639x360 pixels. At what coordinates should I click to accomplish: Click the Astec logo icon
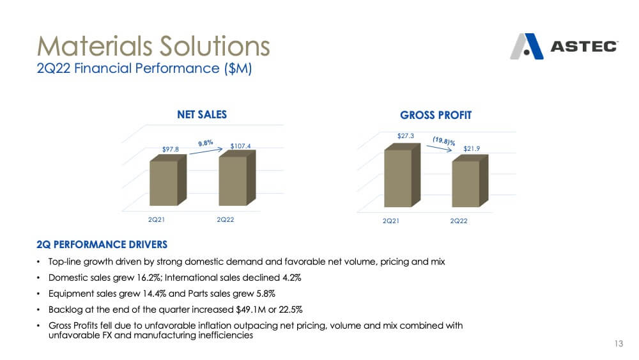(527, 47)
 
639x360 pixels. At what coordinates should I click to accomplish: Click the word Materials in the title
(96, 45)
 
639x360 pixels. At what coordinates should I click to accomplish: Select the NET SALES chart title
(202, 114)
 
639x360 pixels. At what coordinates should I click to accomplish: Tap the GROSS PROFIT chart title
(436, 115)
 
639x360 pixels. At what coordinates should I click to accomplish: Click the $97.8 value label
(171, 149)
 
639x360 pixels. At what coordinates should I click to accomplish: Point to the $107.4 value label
(240, 146)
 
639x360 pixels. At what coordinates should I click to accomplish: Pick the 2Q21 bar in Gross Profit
(402, 175)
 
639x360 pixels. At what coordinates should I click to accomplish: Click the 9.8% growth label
(206, 143)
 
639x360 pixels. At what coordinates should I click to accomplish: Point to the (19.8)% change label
(444, 141)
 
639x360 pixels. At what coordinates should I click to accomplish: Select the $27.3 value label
(406, 136)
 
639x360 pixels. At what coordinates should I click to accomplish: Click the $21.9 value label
(472, 149)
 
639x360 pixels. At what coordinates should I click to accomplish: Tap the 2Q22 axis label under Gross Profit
(458, 221)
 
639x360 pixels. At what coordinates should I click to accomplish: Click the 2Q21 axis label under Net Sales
(156, 220)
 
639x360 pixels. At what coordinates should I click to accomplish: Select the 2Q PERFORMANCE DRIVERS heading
(102, 245)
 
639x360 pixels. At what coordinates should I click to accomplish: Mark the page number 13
(619, 343)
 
